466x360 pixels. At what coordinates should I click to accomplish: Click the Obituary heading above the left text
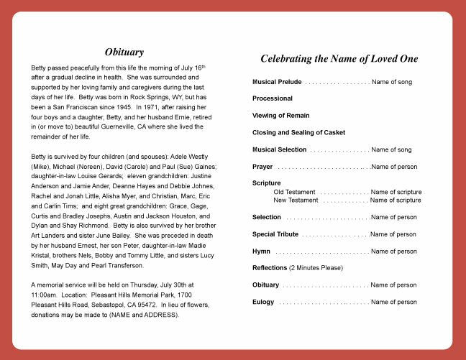[124, 52]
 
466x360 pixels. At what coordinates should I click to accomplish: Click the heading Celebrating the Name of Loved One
[339, 59]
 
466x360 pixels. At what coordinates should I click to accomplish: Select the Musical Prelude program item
[277, 82]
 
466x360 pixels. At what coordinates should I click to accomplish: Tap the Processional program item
[273, 98]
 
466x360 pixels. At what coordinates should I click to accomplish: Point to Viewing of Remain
[281, 116]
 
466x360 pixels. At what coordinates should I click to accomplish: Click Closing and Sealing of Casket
[298, 133]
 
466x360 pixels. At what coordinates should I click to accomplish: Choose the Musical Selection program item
[279, 149]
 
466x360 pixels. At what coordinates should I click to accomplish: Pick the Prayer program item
[262, 167]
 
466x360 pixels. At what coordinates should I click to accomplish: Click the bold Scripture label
[267, 183]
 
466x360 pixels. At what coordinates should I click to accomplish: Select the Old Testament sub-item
[294, 192]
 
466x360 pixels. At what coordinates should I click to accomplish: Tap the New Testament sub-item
[296, 200]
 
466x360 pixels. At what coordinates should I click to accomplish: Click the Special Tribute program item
[275, 234]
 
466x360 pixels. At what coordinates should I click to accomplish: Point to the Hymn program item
[261, 251]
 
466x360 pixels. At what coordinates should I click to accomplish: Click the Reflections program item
[270, 268]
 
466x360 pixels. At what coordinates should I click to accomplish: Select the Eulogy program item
[263, 303]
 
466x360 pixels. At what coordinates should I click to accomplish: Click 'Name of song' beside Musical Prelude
[392, 82]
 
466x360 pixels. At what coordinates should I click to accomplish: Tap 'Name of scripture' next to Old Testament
[396, 192]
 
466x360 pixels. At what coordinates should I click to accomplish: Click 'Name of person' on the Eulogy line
[393, 303]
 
